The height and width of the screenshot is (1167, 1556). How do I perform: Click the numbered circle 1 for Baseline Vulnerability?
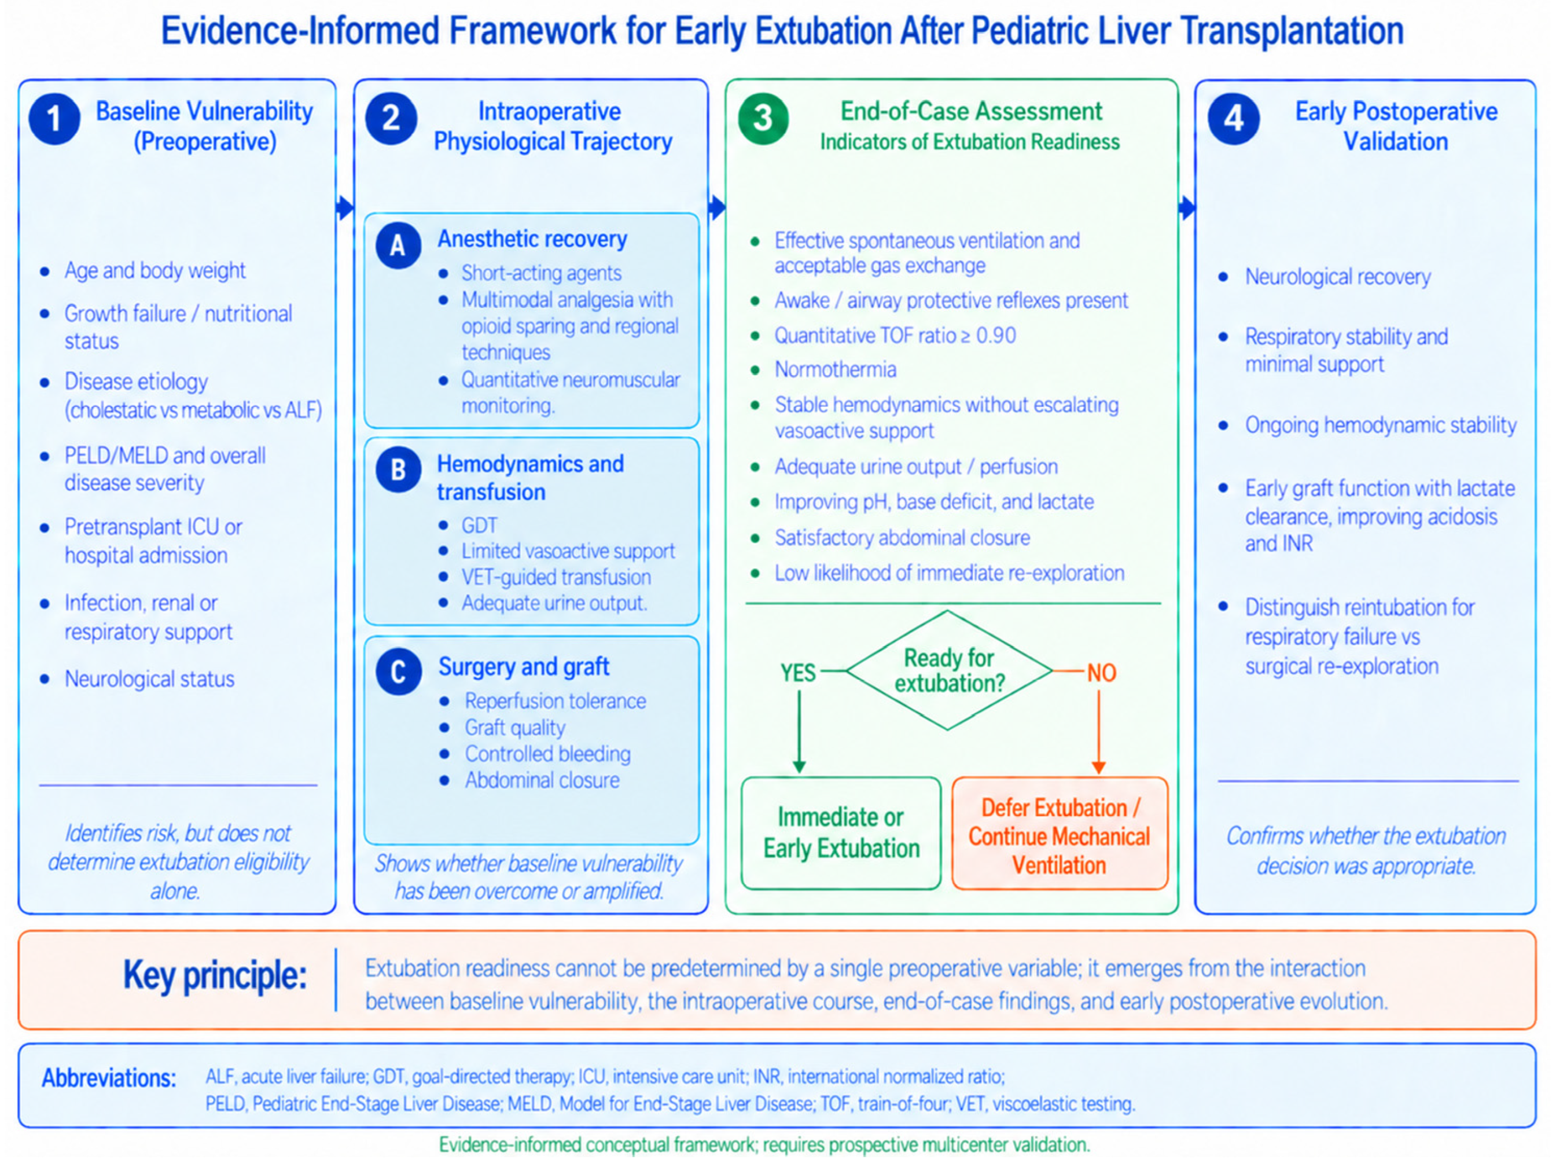[x=54, y=119]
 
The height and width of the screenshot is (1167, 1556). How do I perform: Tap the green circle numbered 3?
[x=763, y=119]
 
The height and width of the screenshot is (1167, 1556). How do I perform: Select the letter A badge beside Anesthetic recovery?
[x=398, y=245]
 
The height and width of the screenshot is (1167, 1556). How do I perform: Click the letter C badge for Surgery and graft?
[x=398, y=672]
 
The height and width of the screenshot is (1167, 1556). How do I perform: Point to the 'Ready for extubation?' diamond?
[x=948, y=670]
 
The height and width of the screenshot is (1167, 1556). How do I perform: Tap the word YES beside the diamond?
[x=798, y=673]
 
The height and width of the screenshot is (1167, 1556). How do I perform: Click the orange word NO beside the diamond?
[x=1102, y=673]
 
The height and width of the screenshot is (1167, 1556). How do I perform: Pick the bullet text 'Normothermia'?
[x=836, y=369]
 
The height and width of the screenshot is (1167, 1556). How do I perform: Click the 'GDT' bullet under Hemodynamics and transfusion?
[x=479, y=525]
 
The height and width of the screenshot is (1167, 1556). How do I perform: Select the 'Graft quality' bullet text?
[x=515, y=727]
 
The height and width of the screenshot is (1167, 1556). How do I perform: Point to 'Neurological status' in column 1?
[x=149, y=678]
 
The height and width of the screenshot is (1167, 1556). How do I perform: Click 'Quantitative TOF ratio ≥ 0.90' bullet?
[x=896, y=335]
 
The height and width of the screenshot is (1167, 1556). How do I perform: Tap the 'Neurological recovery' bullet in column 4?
[x=1338, y=277]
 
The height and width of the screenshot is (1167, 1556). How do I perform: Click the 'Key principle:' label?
[x=215, y=976]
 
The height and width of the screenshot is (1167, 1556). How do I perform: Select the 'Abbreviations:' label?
[x=109, y=1078]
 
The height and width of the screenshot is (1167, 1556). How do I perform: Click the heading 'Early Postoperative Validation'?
[x=1396, y=126]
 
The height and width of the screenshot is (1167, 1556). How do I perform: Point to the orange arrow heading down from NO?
[x=1099, y=732]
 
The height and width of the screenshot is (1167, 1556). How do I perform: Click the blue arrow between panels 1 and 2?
[x=345, y=208]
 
